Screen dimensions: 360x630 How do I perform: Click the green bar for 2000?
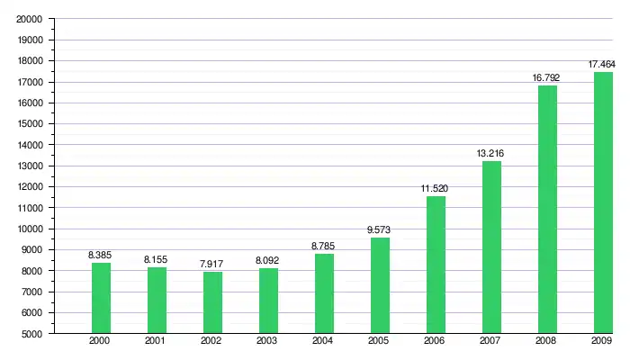coord(100,298)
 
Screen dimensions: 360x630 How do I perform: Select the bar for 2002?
coord(211,302)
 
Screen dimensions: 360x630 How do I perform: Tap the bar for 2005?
coord(379,285)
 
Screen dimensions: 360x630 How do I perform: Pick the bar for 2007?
coord(490,247)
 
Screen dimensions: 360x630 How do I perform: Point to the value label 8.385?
coord(100,256)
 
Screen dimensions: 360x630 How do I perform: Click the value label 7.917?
coord(211,265)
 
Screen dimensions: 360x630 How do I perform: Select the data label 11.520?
coord(435,189)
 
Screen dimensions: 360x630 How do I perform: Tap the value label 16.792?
coord(546,78)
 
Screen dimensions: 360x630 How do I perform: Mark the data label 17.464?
coord(602,65)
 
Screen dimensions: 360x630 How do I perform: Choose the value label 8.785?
coord(323,247)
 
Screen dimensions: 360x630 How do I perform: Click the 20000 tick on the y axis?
coord(31,19)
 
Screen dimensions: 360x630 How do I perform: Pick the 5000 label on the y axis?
coord(34,334)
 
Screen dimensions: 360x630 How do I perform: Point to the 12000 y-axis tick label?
coord(31,187)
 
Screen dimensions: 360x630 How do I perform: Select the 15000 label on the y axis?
coord(31,124)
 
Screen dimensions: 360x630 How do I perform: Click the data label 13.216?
coord(490,154)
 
